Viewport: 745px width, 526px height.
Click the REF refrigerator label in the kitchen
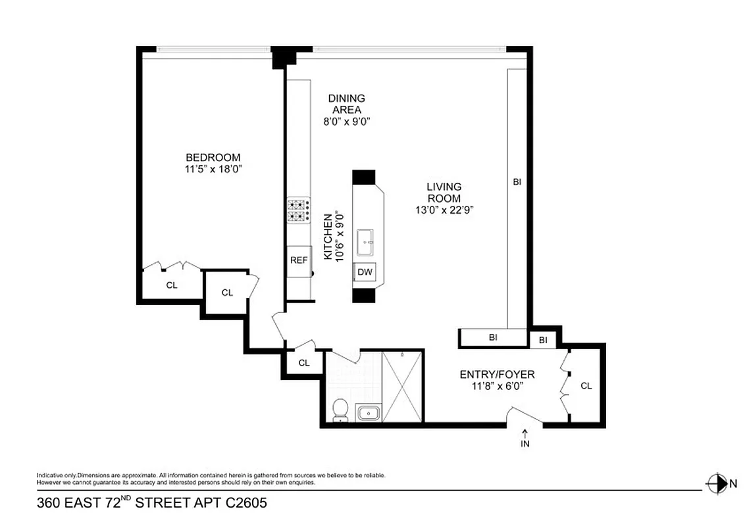299,260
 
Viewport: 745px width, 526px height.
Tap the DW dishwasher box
365,272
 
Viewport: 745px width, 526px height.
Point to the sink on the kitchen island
366,243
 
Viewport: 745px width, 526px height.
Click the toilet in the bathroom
340,410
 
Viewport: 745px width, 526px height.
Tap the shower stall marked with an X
402,387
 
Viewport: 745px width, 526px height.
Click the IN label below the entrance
525,443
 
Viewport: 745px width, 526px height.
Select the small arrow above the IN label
525,433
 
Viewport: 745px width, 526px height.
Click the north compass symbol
715,484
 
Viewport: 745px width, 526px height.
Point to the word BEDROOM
213,158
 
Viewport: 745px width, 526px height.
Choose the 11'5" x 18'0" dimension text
213,169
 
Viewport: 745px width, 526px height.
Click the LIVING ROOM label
444,192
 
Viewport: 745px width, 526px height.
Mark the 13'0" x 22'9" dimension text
444,210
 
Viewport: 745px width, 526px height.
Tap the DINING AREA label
346,104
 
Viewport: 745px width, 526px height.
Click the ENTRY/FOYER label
497,375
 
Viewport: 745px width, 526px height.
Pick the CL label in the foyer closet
586,386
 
